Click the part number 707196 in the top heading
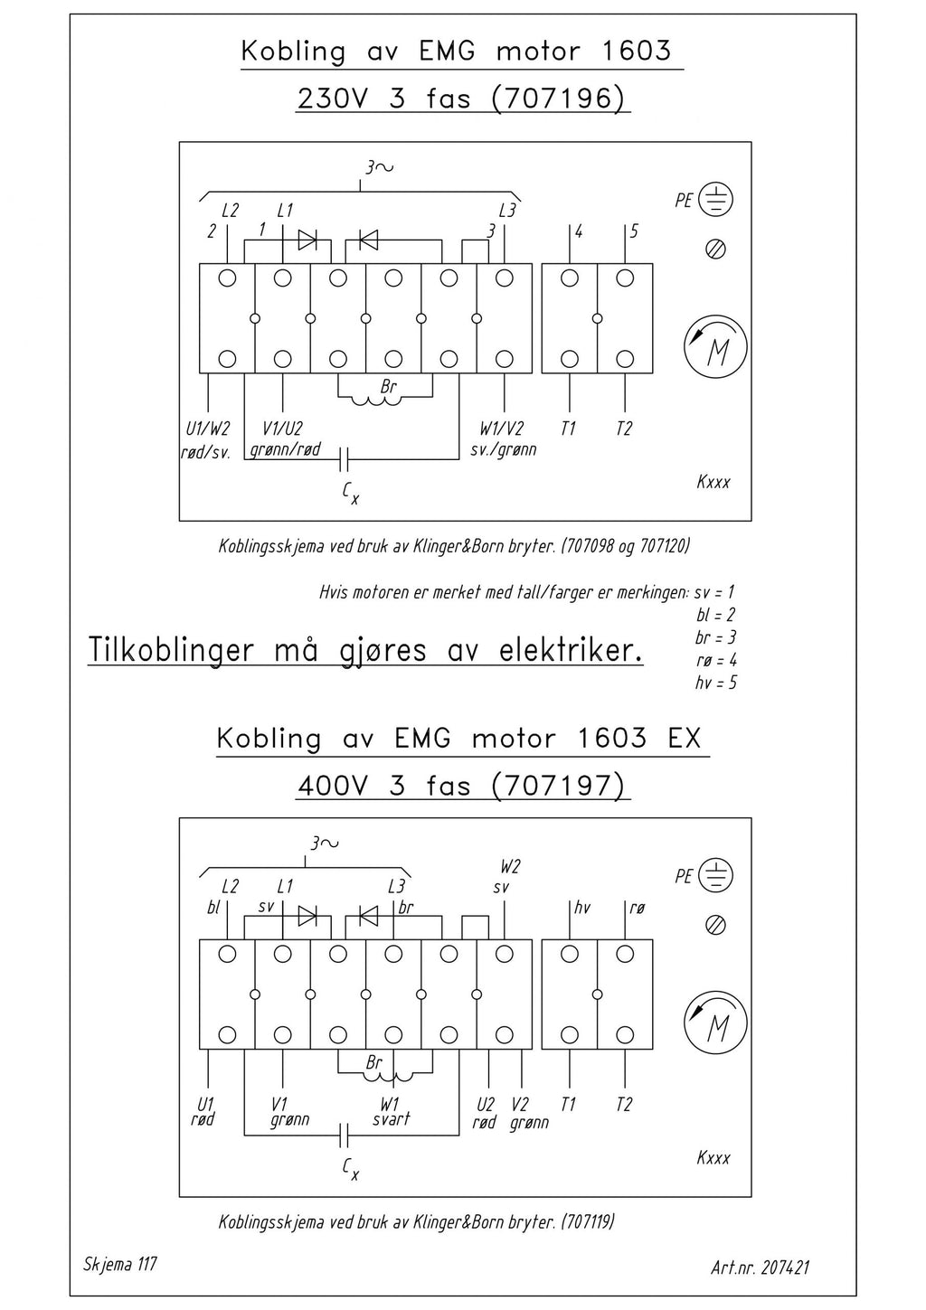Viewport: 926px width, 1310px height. [559, 99]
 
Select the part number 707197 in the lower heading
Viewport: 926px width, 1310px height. [559, 786]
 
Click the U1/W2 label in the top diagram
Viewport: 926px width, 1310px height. [208, 429]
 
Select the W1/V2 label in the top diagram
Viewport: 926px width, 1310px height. [502, 429]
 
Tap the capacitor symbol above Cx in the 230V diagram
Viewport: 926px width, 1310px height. [344, 459]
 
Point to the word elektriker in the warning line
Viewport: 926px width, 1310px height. [571, 651]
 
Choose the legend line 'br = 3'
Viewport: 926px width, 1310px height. [716, 637]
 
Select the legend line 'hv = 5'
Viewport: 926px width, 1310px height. [716, 683]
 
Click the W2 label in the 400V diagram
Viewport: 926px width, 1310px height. [510, 866]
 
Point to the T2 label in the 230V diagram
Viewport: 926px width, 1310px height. [624, 429]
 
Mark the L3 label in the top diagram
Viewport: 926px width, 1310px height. [507, 211]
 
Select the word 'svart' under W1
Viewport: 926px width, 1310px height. [391, 1118]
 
